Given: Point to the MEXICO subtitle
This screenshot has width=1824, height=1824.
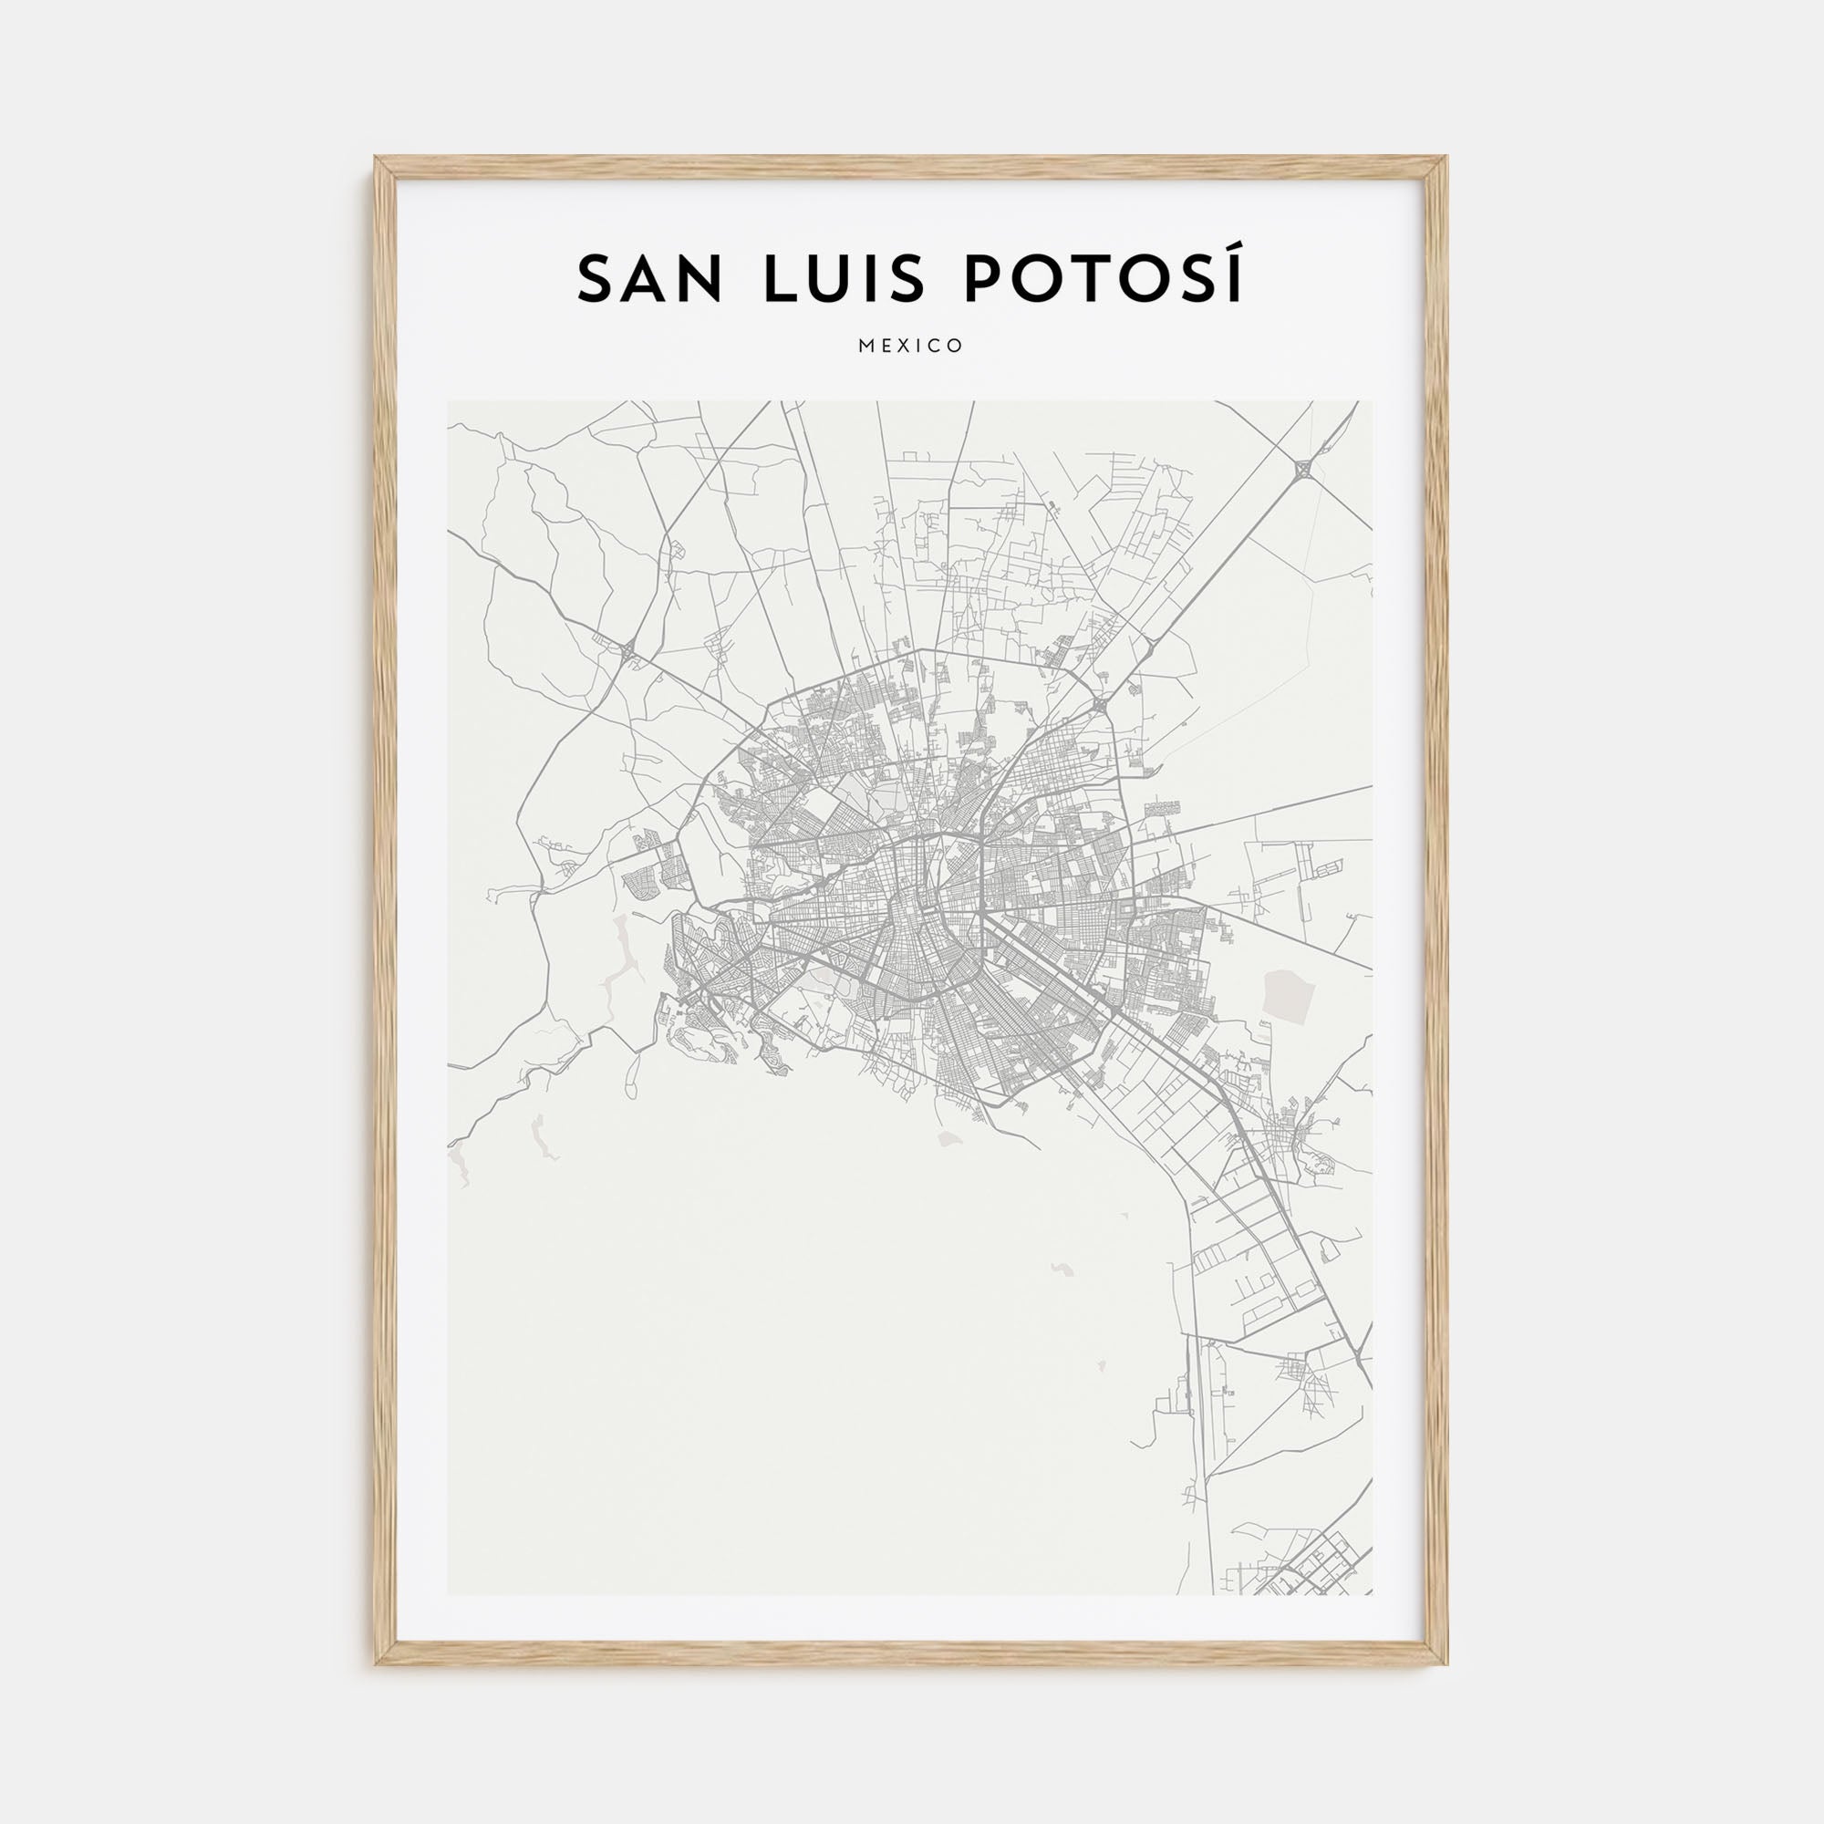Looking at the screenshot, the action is (x=911, y=347).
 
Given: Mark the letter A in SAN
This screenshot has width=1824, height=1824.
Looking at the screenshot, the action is (x=648, y=278).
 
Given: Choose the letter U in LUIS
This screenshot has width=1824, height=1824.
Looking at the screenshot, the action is (x=834, y=278).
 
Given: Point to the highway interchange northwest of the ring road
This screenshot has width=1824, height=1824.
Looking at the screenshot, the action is (x=627, y=648).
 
